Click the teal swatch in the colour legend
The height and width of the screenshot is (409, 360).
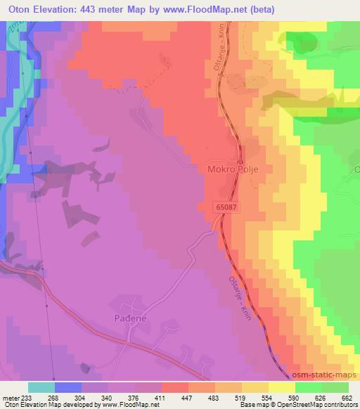[41, 387]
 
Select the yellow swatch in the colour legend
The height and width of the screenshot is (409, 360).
[282, 387]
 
